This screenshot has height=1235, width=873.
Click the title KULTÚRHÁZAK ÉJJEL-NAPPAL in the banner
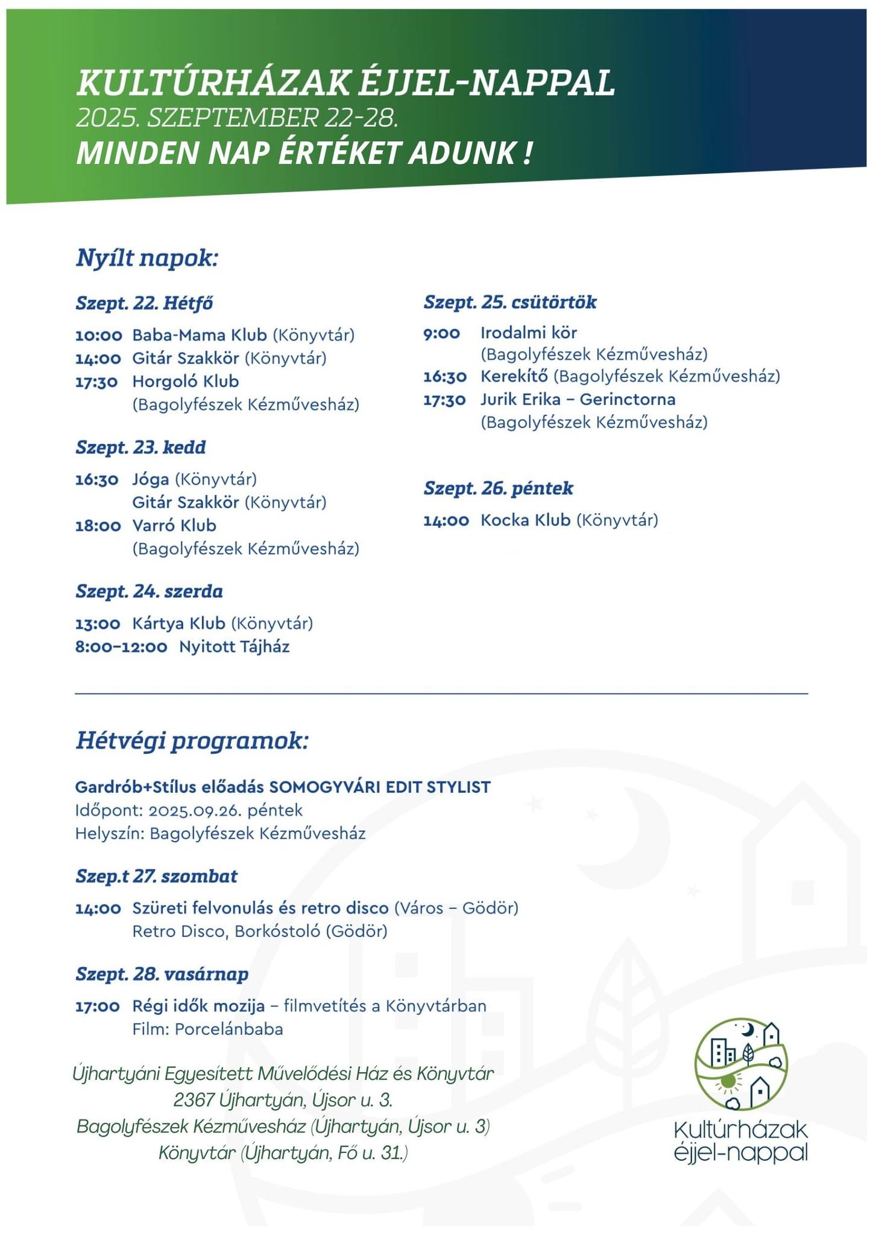click(x=345, y=83)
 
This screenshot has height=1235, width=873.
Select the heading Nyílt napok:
click(x=147, y=257)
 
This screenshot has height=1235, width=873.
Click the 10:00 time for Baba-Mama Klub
click(x=98, y=335)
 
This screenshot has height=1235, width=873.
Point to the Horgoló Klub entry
click(x=186, y=382)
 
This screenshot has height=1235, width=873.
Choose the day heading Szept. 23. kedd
click(x=140, y=447)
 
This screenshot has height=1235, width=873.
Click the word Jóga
click(x=151, y=479)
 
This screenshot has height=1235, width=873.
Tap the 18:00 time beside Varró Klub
click(x=98, y=526)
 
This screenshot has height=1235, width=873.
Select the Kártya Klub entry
click(x=178, y=624)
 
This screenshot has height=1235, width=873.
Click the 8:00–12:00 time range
click(x=121, y=647)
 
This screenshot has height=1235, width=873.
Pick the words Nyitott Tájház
click(x=235, y=647)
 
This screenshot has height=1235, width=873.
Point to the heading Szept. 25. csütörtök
click(x=510, y=302)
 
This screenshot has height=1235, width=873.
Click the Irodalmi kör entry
click(x=529, y=333)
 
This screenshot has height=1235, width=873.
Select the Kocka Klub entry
click(x=525, y=520)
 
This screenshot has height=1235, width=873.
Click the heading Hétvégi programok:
click(x=192, y=741)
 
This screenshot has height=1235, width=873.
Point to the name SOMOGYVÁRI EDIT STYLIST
click(x=380, y=787)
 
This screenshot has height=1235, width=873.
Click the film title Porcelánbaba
click(x=229, y=1029)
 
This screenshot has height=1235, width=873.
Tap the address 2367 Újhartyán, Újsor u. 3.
click(x=283, y=1101)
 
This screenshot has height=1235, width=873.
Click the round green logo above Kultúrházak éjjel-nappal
click(x=741, y=1064)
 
